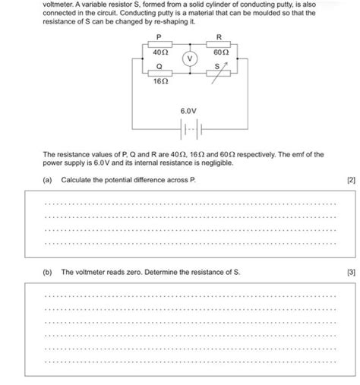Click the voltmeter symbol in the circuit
pyautogui.click(x=191, y=58)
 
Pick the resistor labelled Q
pyautogui.click(x=159, y=73)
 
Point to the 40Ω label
pyautogui.click(x=159, y=53)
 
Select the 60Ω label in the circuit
pyautogui.click(x=220, y=53)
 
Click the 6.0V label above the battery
pyautogui.click(x=188, y=111)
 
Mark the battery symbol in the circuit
pyautogui.click(x=189, y=128)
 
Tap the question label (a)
pyautogui.click(x=48, y=180)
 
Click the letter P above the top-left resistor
pyautogui.click(x=159, y=36)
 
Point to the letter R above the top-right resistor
pyautogui.click(x=219, y=36)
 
